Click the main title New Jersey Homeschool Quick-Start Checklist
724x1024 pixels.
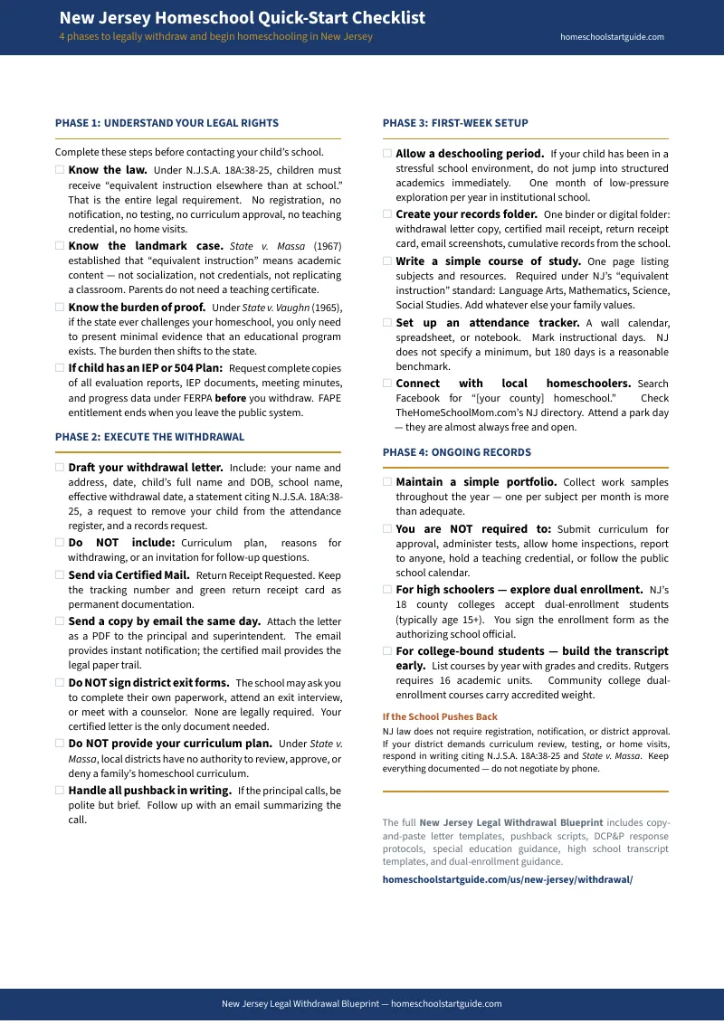(242, 18)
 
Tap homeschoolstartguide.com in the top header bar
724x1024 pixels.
(612, 37)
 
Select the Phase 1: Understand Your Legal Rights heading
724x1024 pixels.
(167, 123)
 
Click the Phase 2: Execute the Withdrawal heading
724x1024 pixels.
(149, 437)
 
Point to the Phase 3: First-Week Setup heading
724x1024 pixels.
(455, 123)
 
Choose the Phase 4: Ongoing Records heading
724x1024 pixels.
(456, 452)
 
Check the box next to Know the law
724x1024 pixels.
(60, 169)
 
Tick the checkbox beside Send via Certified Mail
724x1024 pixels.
(60, 574)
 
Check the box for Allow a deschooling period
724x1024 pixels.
(387, 154)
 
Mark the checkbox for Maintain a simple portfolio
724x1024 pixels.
(387, 482)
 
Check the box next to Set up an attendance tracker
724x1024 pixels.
(387, 323)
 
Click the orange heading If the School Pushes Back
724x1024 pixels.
(440, 716)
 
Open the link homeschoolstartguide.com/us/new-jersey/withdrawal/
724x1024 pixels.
(507, 879)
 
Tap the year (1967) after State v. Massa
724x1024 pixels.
(328, 246)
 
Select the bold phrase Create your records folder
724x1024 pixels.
(466, 214)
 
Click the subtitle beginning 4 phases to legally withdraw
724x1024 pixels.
(215, 37)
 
